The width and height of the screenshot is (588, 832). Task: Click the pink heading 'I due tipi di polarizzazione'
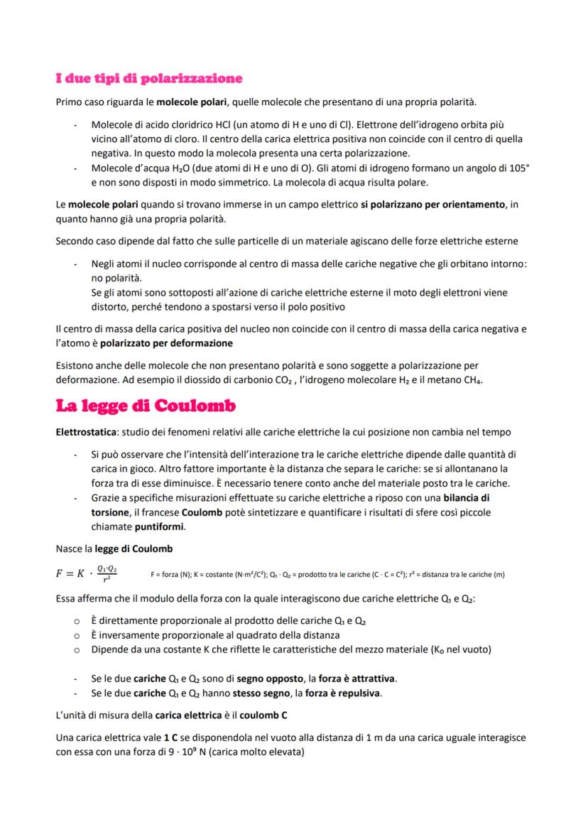coord(149,77)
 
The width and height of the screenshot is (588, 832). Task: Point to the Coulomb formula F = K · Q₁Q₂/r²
coord(87,573)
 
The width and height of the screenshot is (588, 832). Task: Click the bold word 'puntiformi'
coord(160,526)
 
